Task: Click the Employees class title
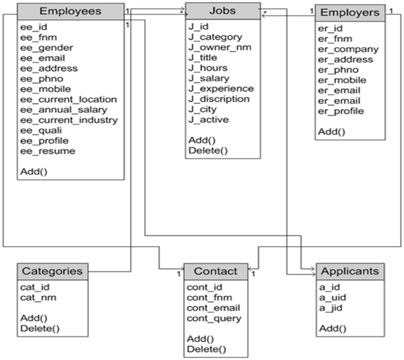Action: tap(70, 11)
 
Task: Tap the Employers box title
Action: tap(350, 13)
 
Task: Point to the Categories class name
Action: tap(53, 271)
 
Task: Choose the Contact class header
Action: tap(216, 271)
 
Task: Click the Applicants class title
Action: tap(350, 271)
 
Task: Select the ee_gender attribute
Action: tap(47, 48)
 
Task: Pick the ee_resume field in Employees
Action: tap(48, 151)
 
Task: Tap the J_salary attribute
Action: tap(209, 79)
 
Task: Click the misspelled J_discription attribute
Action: tap(219, 99)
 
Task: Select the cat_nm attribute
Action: tap(38, 298)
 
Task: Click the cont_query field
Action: tap(214, 318)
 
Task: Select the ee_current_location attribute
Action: tap(69, 99)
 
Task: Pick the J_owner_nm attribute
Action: tap(220, 48)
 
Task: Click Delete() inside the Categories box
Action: tap(40, 328)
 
